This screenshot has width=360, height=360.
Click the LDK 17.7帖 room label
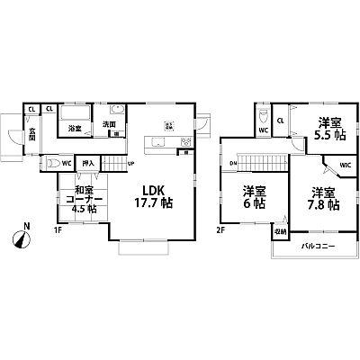pyautogui.click(x=154, y=196)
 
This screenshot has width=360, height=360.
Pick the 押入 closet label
pyautogui.click(x=87, y=164)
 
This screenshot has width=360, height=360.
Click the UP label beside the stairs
pyautogui.click(x=130, y=164)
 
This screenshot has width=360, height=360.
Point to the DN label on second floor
pyautogui.click(x=232, y=163)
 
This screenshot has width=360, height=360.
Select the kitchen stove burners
pyautogui.click(x=186, y=142)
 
